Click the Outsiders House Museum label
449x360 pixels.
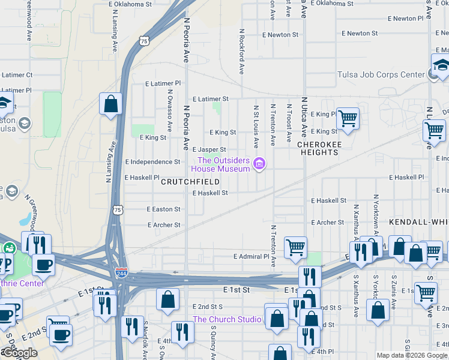point(224,164)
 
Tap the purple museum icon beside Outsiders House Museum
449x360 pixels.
point(259,164)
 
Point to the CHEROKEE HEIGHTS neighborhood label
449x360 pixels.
point(319,149)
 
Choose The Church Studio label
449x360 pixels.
point(227,319)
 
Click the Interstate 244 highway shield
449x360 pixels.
point(121,273)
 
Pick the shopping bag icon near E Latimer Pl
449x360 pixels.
point(111,104)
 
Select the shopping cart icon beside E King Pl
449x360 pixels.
point(348,119)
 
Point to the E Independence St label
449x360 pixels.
point(152,162)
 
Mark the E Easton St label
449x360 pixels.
point(164,209)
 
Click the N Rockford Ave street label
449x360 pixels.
point(242,51)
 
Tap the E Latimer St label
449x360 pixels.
point(210,99)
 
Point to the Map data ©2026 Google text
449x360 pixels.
point(412,355)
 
